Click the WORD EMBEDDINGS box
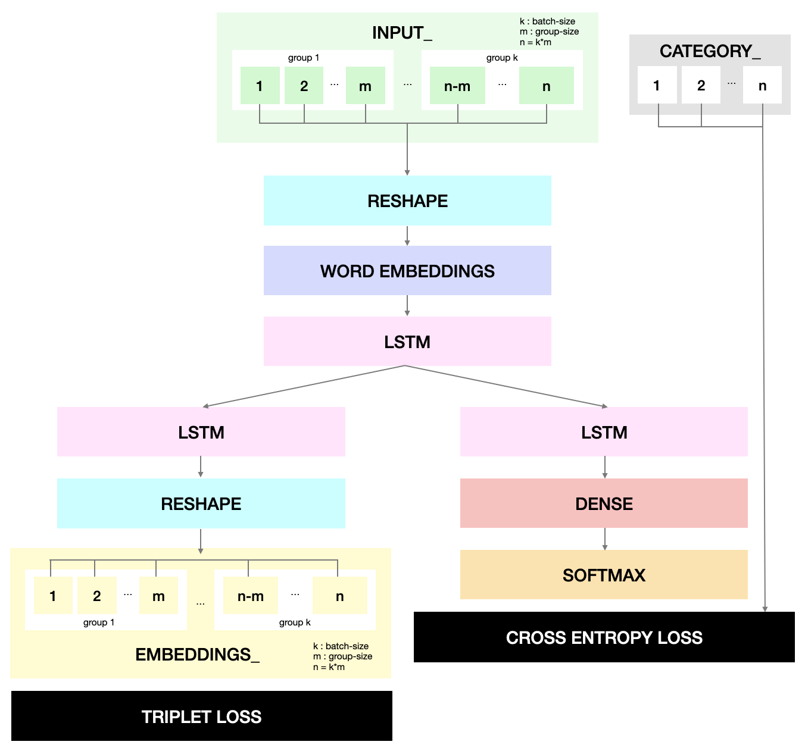pyautogui.click(x=407, y=271)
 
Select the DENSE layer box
pyautogui.click(x=604, y=503)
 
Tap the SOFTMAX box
pyautogui.click(x=604, y=575)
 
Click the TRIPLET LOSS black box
pyautogui.click(x=201, y=716)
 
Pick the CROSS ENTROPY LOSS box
pyautogui.click(x=604, y=637)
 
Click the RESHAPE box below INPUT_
pyautogui.click(x=407, y=201)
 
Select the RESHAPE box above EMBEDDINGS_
pyautogui.click(x=201, y=503)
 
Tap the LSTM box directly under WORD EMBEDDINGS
pyautogui.click(x=407, y=342)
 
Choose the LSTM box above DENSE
pyautogui.click(x=604, y=432)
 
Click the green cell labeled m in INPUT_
pyautogui.click(x=365, y=86)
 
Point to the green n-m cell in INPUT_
pyautogui.click(x=457, y=86)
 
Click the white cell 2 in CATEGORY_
pyautogui.click(x=701, y=85)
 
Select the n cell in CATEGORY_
pyautogui.click(x=762, y=85)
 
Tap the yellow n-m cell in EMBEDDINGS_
pyautogui.click(x=250, y=596)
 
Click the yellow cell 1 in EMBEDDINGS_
pyautogui.click(x=53, y=596)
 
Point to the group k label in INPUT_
pyautogui.click(x=502, y=58)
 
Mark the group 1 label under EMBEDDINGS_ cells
pyautogui.click(x=99, y=622)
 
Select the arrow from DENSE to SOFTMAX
pyautogui.click(x=605, y=539)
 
